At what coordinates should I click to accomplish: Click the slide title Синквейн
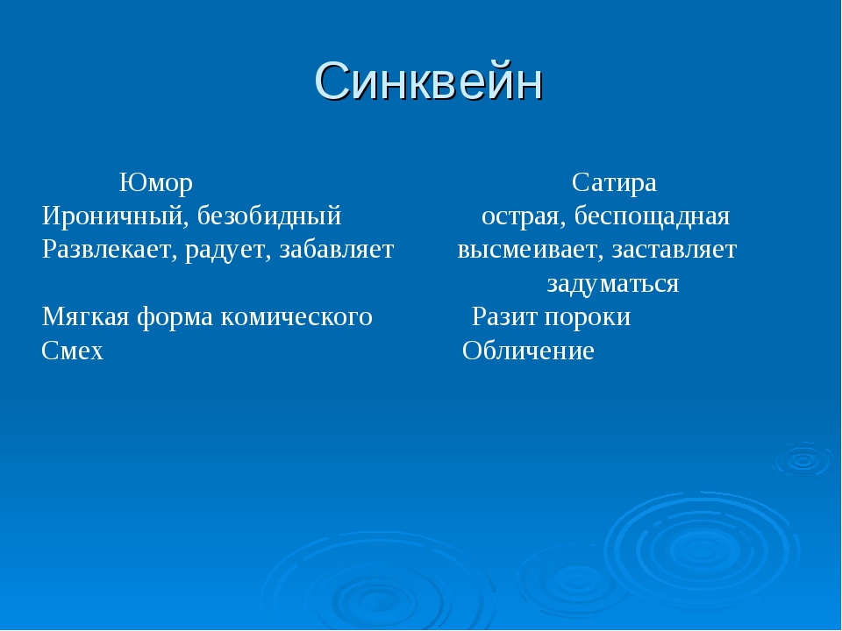(429, 81)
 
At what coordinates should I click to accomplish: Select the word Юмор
(156, 182)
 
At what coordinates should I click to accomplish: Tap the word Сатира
(614, 182)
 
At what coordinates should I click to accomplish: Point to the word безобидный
(269, 216)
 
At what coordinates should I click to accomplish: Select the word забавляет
(337, 250)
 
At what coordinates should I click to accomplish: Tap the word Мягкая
(85, 316)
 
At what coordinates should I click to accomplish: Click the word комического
(296, 316)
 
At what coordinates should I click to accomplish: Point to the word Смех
(73, 351)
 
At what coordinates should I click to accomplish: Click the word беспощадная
(652, 216)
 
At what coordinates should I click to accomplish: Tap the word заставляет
(674, 250)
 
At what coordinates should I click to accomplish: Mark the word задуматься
(613, 283)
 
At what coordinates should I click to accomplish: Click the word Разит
(505, 316)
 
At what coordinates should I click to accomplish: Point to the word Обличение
(528, 351)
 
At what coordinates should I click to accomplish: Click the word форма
(175, 317)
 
